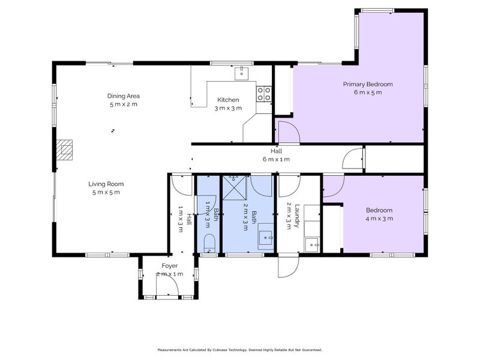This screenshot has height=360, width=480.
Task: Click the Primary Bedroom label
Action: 367,84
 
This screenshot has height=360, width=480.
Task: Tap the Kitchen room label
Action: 228,100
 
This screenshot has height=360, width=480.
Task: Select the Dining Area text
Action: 124,96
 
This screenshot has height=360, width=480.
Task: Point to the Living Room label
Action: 106,184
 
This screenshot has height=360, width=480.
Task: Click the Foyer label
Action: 170,266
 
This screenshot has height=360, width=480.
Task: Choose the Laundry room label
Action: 296,216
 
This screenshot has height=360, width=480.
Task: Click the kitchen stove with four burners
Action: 264,94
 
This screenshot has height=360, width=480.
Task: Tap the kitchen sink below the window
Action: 242,73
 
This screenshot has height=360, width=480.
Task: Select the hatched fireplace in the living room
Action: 64,150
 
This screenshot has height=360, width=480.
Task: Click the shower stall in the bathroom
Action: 234,187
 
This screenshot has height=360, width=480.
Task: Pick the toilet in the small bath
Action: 209,244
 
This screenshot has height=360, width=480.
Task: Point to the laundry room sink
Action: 312,245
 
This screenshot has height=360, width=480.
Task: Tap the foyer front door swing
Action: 167,284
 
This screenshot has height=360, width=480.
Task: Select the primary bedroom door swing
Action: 288,132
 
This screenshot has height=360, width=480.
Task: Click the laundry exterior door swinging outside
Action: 288,266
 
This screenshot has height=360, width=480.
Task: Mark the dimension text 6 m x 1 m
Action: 276,159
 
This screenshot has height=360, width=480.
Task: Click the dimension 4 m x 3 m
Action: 379,218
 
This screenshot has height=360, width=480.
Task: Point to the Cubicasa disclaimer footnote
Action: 240,350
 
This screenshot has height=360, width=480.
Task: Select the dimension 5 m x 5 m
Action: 106,192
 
